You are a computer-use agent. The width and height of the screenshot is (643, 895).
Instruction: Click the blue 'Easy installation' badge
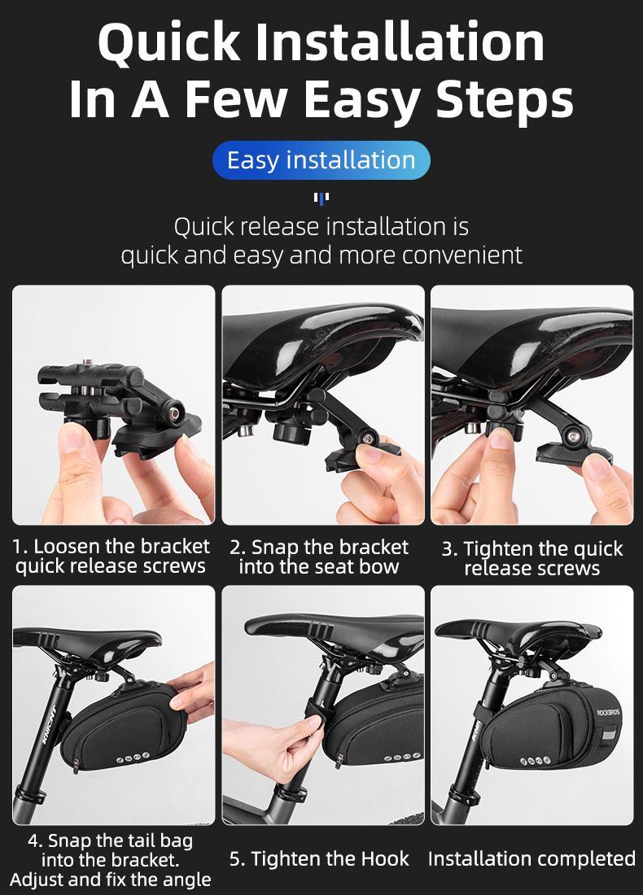(321, 160)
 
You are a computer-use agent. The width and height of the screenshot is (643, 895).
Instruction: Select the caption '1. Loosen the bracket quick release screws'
(112, 556)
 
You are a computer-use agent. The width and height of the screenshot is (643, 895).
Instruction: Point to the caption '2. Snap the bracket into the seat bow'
(319, 557)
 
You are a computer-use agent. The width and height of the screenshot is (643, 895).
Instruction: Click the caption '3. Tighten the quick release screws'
(532, 558)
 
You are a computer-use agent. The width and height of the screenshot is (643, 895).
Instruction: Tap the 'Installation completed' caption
(531, 858)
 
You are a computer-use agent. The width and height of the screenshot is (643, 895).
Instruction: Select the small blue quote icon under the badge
(321, 198)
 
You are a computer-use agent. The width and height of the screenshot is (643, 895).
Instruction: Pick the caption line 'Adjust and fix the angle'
(111, 879)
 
